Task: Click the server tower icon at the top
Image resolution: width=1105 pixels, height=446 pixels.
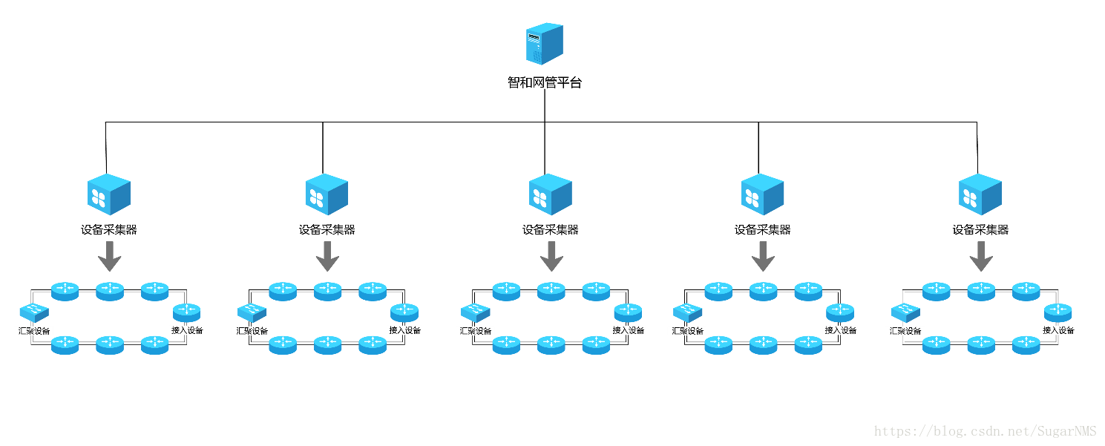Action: [544, 43]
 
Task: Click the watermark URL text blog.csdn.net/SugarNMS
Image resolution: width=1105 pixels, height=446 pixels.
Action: [985, 431]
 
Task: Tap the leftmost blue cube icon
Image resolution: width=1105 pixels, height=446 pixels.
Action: [109, 194]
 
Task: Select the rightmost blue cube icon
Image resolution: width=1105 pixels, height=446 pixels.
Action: [980, 194]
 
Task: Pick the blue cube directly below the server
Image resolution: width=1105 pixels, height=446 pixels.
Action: [550, 194]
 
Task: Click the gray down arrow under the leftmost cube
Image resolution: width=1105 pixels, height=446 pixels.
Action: [110, 256]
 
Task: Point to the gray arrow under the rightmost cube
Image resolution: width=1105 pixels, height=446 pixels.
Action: [981, 256]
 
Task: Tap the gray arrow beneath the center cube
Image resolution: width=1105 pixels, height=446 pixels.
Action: [551, 256]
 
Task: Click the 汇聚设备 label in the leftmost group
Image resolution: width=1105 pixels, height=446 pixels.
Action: [33, 330]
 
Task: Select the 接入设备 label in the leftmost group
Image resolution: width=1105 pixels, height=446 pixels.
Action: [187, 330]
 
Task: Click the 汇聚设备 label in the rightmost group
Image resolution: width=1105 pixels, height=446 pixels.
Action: [905, 330]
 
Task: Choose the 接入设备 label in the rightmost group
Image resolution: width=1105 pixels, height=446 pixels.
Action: [1058, 330]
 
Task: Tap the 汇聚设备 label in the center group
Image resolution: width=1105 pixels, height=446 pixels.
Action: [475, 330]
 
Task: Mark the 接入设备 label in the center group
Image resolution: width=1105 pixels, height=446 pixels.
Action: [628, 330]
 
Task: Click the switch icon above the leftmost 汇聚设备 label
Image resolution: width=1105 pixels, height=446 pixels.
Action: [34, 312]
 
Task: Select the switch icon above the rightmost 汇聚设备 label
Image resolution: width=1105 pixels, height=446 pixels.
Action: [905, 312]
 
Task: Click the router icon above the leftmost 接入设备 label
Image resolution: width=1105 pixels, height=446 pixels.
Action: [187, 312]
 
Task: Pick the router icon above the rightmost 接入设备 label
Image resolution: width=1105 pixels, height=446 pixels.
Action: [1058, 312]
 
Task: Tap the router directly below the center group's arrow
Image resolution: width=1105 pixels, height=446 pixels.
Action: [551, 290]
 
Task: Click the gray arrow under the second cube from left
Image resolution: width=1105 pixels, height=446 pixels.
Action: [327, 256]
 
